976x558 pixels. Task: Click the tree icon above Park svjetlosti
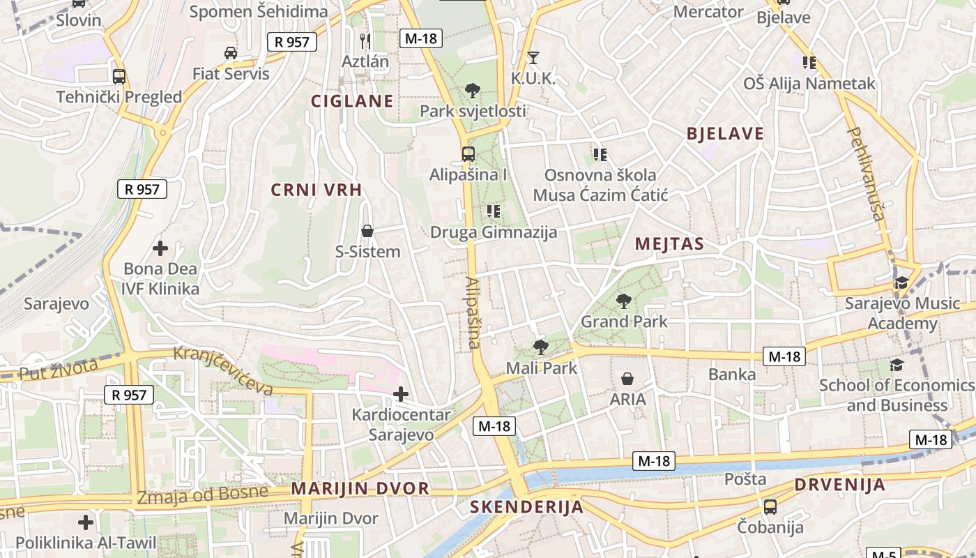[x=472, y=90]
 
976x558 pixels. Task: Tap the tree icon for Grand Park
[x=623, y=301]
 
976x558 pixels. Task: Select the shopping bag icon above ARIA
[x=627, y=379]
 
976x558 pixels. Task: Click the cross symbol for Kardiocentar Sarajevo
[x=401, y=394]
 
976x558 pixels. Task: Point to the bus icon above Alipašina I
[x=468, y=153]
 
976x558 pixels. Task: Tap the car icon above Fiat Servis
[x=231, y=52]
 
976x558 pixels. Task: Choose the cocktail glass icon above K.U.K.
[x=533, y=58]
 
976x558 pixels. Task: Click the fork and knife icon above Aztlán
[x=365, y=40]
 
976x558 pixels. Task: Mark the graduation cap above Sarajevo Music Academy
[x=901, y=283]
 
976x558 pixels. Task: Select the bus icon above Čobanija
[x=770, y=506]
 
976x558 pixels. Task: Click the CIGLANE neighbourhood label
[x=352, y=101]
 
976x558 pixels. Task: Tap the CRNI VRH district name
[x=317, y=190]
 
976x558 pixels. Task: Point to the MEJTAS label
[x=669, y=244]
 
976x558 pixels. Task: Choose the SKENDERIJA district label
[x=526, y=507]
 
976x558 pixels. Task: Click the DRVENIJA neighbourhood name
[x=839, y=485]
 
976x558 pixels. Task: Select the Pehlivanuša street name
[x=867, y=174]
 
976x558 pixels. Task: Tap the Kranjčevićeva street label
[x=223, y=370]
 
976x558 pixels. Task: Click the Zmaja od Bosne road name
[x=202, y=495]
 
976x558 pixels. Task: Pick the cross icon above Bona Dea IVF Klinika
[x=160, y=248]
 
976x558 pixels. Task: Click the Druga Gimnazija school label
[x=494, y=232]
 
